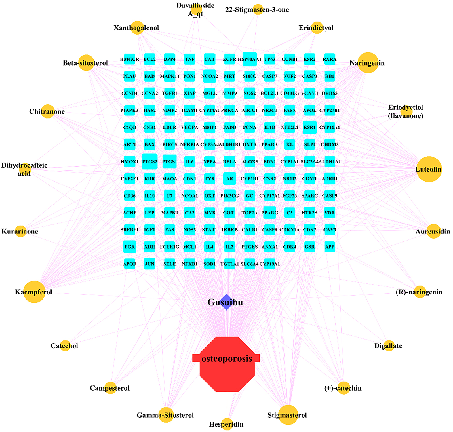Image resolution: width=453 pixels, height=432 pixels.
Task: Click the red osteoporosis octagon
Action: click(x=227, y=364)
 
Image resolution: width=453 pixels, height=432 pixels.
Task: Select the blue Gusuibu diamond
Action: click(x=226, y=302)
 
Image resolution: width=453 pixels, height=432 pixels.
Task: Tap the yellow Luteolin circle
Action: click(x=429, y=169)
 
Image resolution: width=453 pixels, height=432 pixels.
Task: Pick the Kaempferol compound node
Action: click(x=34, y=292)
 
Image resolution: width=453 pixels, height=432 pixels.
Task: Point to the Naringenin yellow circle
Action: click(x=368, y=63)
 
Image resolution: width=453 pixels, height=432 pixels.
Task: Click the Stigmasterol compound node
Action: click(x=288, y=415)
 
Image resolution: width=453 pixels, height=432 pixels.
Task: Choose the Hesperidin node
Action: click(x=227, y=424)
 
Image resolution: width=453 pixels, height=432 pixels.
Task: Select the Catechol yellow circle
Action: click(x=65, y=345)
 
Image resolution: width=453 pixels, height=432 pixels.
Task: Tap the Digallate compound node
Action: click(x=389, y=345)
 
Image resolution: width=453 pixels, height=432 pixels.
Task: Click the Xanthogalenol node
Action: click(x=138, y=28)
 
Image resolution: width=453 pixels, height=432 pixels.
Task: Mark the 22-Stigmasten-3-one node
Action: click(x=258, y=10)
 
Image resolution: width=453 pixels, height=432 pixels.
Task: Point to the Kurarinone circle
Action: click(x=20, y=231)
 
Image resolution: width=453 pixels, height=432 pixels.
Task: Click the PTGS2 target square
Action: click(x=149, y=161)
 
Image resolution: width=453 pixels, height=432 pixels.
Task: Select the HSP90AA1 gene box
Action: click(x=250, y=59)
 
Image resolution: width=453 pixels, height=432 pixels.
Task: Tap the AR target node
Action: click(x=229, y=178)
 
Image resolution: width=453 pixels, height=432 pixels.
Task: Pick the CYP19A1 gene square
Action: click(x=269, y=264)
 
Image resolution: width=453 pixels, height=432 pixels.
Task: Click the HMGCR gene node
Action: click(x=130, y=59)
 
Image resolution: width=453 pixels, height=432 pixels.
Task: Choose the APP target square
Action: click(x=330, y=247)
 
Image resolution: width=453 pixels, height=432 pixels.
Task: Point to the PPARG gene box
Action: click(x=269, y=212)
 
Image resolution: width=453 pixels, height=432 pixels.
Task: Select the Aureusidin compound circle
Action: click(x=433, y=231)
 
